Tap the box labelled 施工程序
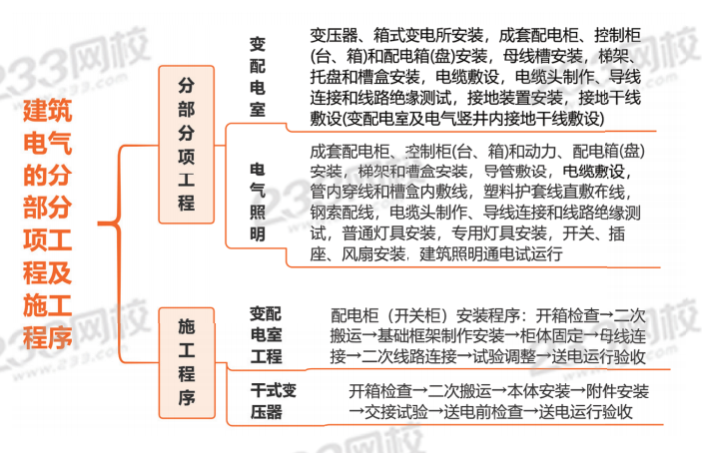pos(186,361)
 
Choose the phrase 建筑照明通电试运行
pos(491,254)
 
